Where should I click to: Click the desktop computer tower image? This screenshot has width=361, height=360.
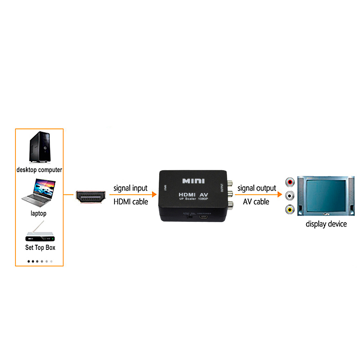39,147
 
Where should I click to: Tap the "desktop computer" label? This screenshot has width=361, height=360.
39,170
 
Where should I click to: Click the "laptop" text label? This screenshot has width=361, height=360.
39,213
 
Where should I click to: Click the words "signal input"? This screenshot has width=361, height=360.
130,188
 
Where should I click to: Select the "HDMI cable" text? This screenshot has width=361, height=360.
131,202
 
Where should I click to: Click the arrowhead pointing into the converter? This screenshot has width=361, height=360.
155,195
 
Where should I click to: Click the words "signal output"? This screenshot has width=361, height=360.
257,188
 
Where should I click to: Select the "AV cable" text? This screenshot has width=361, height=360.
256,202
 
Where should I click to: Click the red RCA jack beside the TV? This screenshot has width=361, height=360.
289,183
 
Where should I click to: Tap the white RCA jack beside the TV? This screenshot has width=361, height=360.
289,196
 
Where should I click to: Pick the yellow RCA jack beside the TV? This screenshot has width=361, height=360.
289,209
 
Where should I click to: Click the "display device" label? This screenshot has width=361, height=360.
326,224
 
